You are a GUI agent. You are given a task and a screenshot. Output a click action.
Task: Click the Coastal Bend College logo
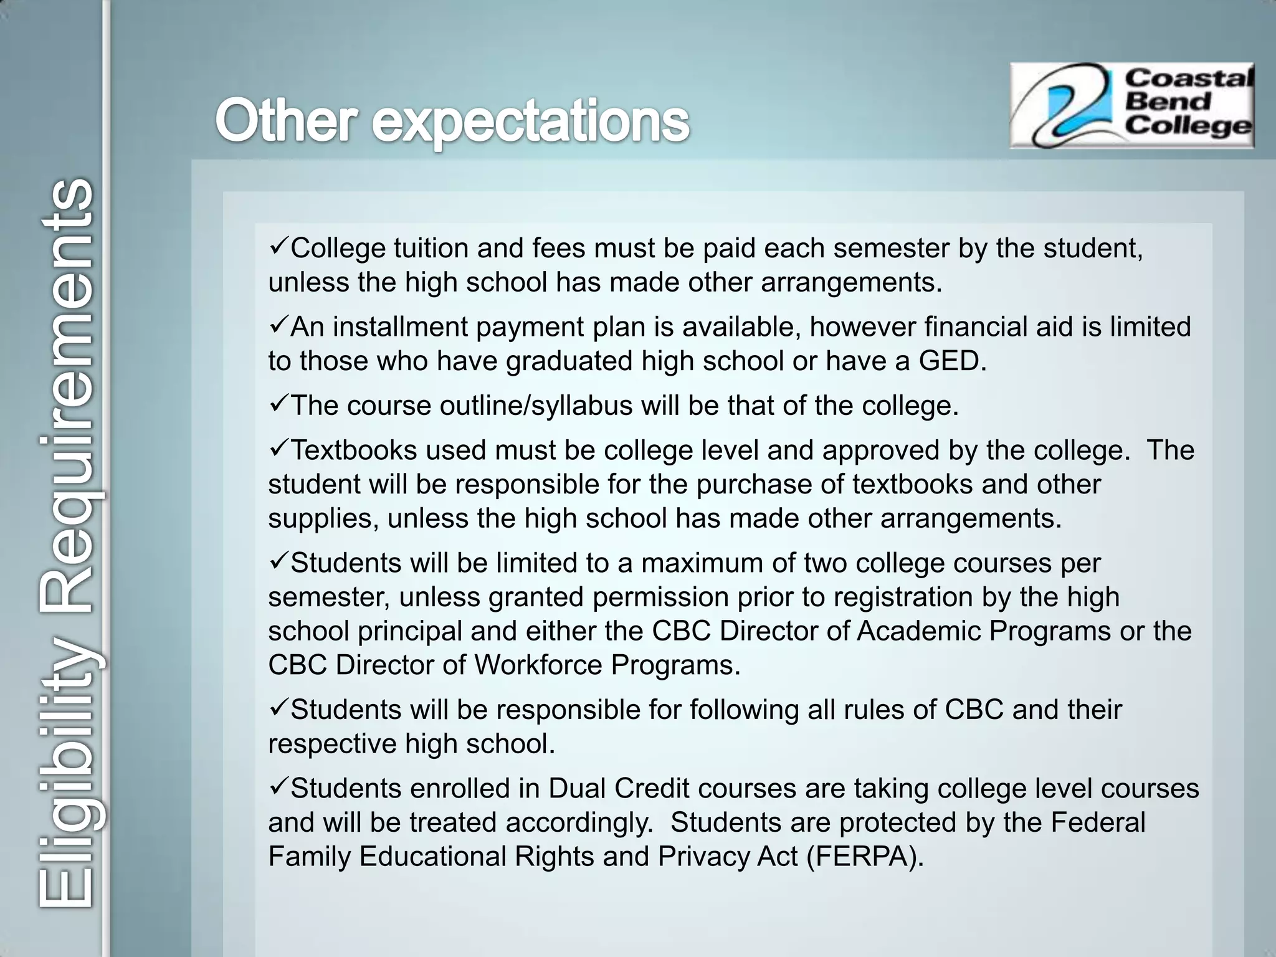pos(1131,105)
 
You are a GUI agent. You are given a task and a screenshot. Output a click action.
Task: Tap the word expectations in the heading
pos(531,121)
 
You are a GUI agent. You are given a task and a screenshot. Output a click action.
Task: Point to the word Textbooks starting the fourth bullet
pos(353,451)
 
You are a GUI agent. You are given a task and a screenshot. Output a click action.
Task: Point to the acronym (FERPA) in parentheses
pos(865,857)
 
